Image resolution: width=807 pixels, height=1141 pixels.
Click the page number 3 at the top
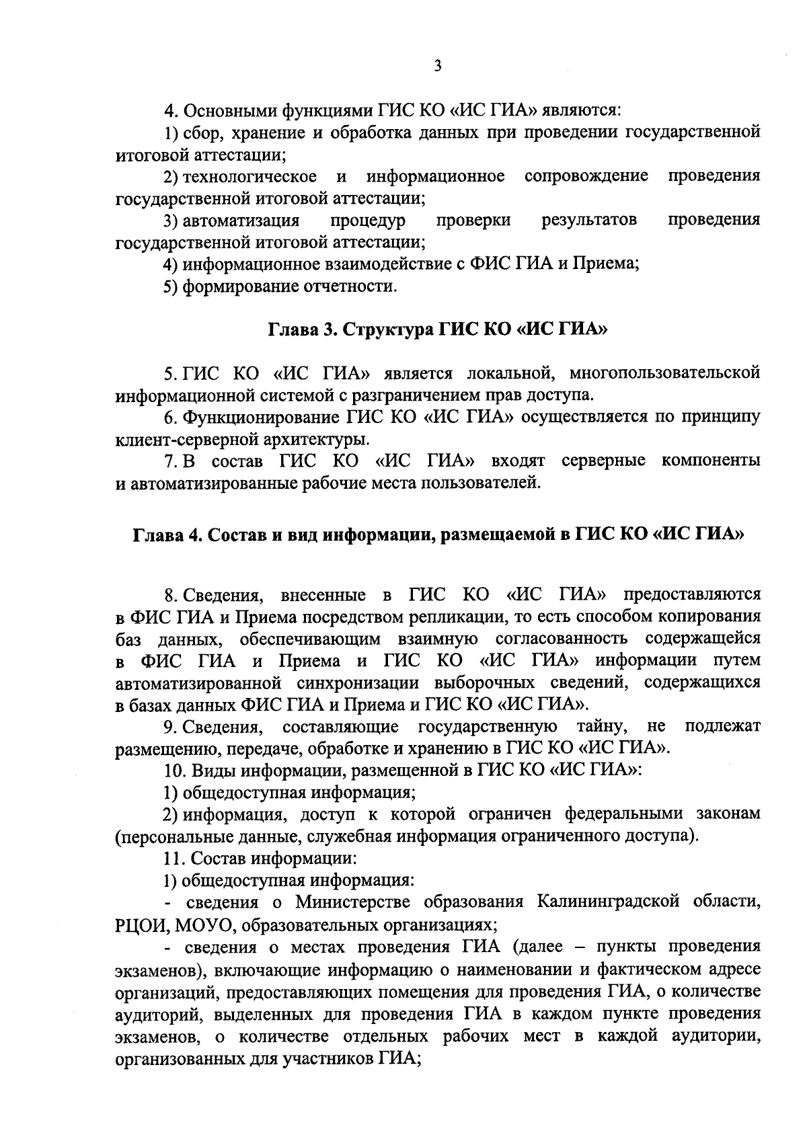(437, 66)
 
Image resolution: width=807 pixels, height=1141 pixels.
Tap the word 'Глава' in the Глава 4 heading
(157, 535)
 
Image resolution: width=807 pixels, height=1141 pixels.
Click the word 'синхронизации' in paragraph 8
(360, 682)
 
